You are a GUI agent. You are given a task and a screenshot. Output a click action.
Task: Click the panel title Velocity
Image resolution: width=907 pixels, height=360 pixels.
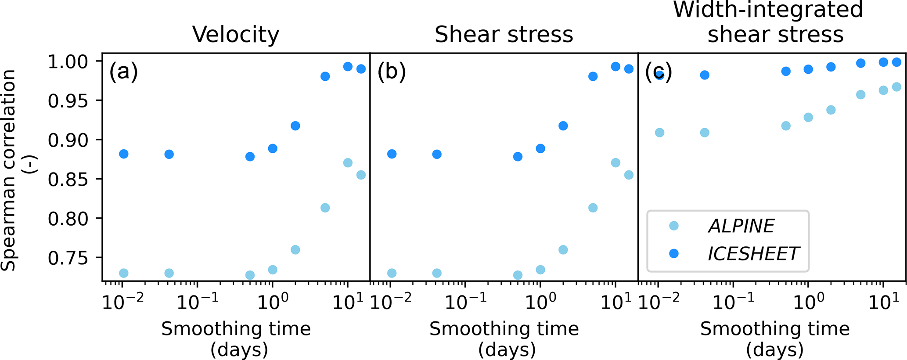[x=236, y=34]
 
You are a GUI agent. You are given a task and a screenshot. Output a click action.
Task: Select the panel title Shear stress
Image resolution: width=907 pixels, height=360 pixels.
[x=504, y=34]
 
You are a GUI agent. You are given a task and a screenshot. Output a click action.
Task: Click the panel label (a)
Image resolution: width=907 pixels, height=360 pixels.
[x=123, y=72]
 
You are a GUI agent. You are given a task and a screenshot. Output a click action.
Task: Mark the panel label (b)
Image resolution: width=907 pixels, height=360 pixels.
[x=392, y=72]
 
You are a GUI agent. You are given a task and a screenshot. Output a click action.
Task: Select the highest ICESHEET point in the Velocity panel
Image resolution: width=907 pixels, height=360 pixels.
[x=348, y=67]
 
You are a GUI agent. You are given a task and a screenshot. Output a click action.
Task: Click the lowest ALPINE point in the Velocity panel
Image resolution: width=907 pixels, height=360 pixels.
[x=250, y=275]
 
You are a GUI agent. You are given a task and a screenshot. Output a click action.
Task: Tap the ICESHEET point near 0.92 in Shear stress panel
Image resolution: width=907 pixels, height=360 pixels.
[x=563, y=126]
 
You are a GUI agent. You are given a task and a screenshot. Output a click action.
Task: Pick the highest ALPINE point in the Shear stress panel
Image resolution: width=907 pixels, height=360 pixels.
[x=615, y=163]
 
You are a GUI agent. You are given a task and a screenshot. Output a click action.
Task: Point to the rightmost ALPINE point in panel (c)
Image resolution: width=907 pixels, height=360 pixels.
[x=896, y=87]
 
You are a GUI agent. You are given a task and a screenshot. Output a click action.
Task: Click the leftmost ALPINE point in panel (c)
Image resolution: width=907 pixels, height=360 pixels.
[x=659, y=133]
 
